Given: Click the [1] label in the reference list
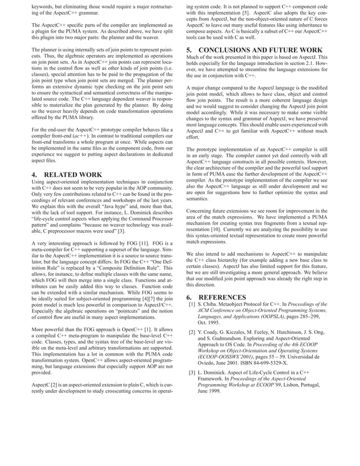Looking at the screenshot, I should [x=192, y=305].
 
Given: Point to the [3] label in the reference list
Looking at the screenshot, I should [x=192, y=373].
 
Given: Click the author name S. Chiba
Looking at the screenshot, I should [x=209, y=305].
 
